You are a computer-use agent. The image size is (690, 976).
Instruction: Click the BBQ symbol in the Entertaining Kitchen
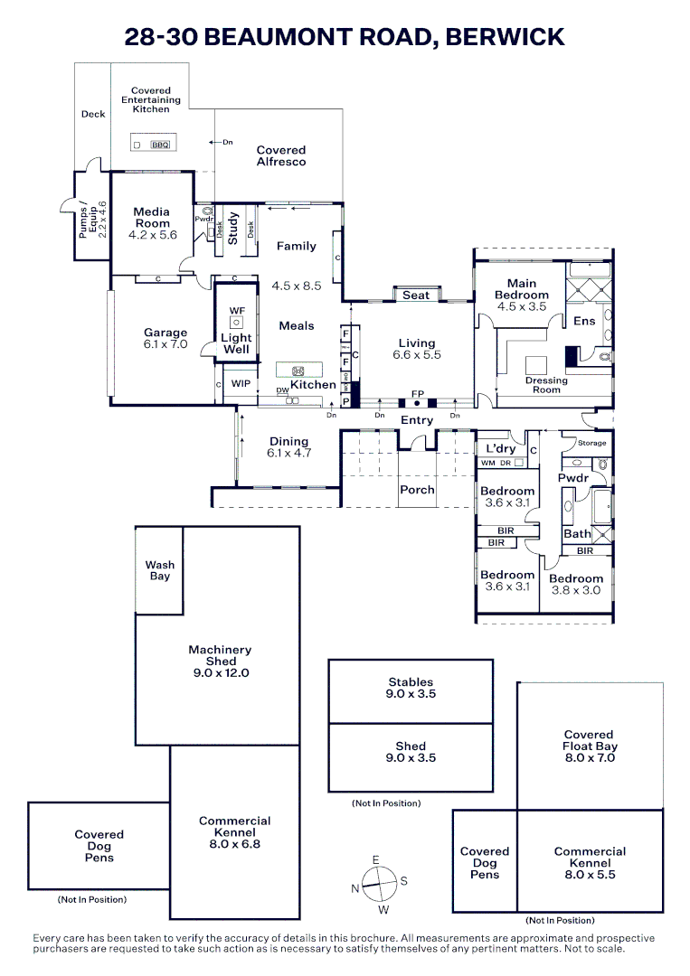tap(160, 145)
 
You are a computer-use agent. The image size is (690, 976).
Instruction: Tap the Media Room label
tap(152, 218)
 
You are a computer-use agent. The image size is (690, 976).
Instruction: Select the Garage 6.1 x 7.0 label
tap(165, 339)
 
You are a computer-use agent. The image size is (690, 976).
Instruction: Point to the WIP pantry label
tap(241, 384)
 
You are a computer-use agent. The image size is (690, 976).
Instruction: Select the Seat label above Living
tap(416, 296)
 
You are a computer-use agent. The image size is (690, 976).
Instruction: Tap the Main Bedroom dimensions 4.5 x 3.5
tap(521, 307)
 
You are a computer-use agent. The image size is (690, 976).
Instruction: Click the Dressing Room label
tap(546, 385)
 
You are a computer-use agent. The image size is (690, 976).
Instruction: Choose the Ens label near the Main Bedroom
tap(584, 321)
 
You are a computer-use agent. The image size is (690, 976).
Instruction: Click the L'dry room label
tap(501, 449)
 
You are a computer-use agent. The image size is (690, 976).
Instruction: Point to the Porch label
tap(417, 490)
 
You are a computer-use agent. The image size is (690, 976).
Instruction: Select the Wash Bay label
tap(160, 570)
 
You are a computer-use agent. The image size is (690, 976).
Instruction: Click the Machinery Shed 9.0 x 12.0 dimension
tap(220, 673)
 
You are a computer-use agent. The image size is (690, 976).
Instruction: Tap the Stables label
tap(411, 682)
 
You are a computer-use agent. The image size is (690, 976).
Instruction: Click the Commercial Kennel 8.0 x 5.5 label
tap(590, 863)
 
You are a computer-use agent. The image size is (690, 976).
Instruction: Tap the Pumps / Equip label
tap(92, 219)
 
